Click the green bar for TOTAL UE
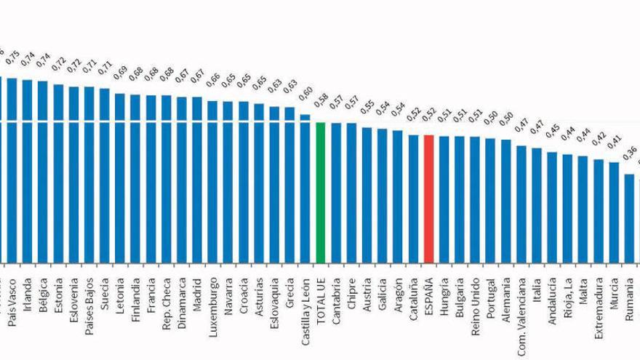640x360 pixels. click(x=320, y=193)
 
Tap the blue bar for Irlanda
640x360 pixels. click(x=27, y=171)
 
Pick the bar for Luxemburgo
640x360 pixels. click(x=212, y=181)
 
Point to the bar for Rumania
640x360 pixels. click(x=630, y=218)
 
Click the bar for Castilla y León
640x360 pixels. click(x=305, y=188)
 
